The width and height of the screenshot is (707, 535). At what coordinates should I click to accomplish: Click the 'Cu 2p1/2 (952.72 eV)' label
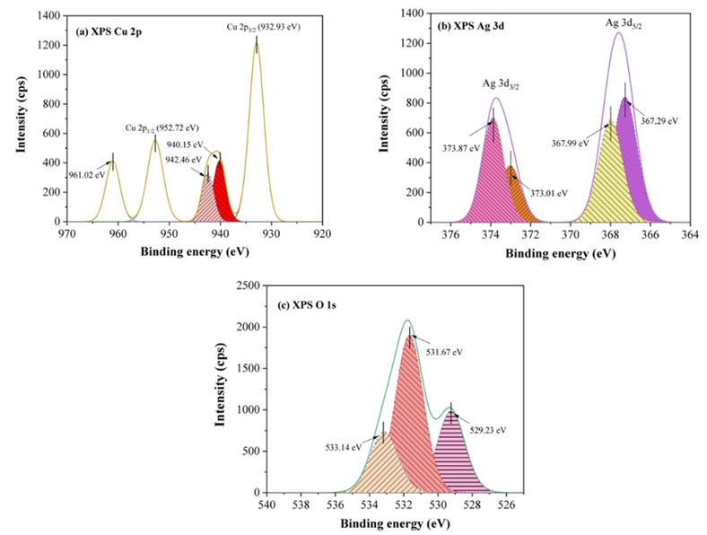(x=161, y=127)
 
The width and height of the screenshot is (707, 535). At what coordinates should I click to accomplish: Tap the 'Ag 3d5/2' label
(x=624, y=24)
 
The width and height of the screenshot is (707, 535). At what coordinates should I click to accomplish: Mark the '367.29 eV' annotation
(x=659, y=120)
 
